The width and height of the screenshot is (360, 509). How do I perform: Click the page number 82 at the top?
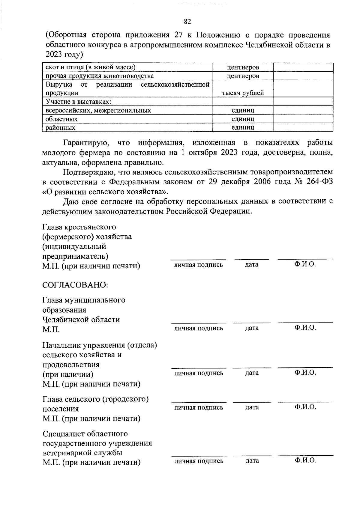pyautogui.click(x=187, y=22)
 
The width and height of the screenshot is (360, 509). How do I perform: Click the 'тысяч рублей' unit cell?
pyautogui.click(x=243, y=93)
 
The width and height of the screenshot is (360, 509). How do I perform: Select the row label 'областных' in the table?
pyautogui.click(x=61, y=119)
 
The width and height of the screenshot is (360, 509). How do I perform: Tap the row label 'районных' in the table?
pyautogui.click(x=60, y=128)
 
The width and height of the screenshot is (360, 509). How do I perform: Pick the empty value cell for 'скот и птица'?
pyautogui.click(x=303, y=67)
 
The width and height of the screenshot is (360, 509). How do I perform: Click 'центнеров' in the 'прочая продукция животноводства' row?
pyautogui.click(x=243, y=76)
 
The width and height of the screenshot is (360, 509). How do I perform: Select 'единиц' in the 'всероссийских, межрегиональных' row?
pyautogui.click(x=243, y=110)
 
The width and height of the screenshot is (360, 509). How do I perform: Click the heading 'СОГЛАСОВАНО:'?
pyautogui.click(x=75, y=285)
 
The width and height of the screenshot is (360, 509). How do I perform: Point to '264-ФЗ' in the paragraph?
pyautogui.click(x=319, y=182)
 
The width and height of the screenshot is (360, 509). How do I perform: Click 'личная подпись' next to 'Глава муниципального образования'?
pyautogui.click(x=199, y=328)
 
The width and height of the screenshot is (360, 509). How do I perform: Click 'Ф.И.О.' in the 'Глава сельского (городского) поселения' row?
pyautogui.click(x=305, y=407)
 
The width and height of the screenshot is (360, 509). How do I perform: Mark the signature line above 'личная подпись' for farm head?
pyautogui.click(x=199, y=259)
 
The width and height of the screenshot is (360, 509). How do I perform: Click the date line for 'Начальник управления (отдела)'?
pyautogui.click(x=252, y=368)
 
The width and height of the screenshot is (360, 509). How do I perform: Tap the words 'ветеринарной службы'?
pyautogui.click(x=82, y=453)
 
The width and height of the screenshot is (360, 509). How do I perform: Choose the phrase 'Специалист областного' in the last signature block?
pyautogui.click(x=85, y=434)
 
